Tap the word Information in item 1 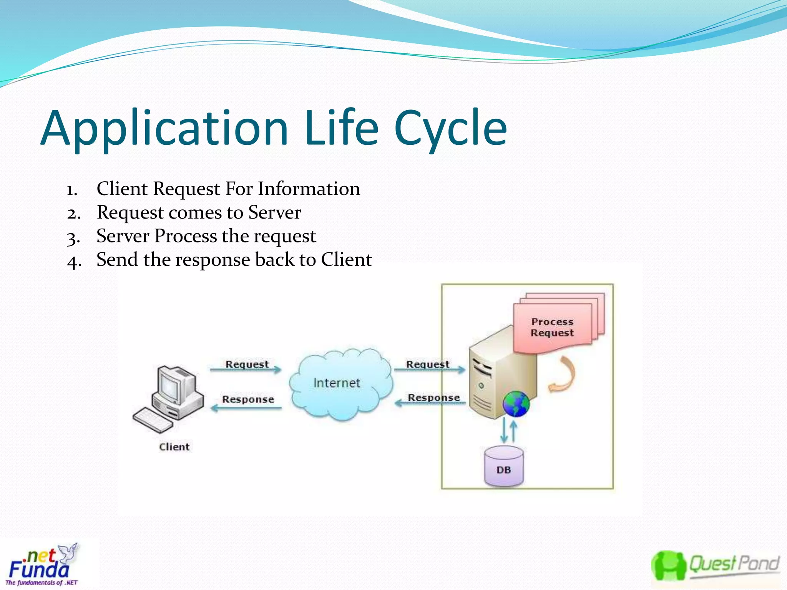point(309,189)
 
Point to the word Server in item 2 point(274,212)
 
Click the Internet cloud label point(337,383)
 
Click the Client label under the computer point(174,447)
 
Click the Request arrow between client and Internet point(246,370)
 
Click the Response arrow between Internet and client point(246,408)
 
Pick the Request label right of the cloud point(427,364)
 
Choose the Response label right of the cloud point(433,398)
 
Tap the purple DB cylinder point(504,466)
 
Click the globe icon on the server point(516,404)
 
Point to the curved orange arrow point(563,375)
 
